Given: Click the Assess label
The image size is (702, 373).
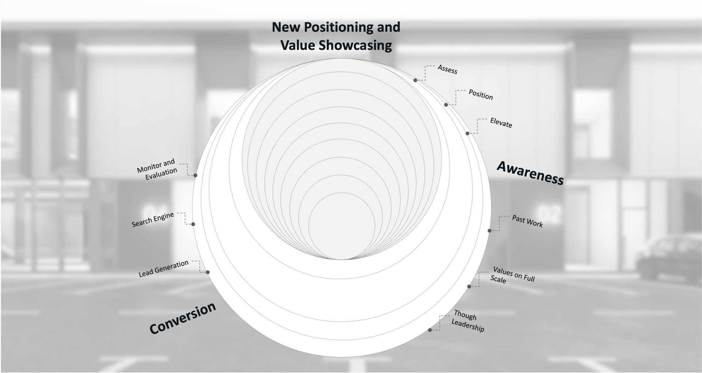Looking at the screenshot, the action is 447,69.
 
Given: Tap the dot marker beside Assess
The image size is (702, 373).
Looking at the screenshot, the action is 415,80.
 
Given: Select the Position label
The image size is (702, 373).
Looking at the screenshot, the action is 480,95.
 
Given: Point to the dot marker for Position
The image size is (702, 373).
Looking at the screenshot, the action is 446,105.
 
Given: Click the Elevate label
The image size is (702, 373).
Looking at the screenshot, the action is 501,123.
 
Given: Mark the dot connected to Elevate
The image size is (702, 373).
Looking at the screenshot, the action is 467,133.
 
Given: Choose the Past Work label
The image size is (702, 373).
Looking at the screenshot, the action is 527,221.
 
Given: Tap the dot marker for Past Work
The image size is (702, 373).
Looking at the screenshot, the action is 490,231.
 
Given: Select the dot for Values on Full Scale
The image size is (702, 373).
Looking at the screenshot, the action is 469,286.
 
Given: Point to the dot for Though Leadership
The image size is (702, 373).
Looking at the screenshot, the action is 430,330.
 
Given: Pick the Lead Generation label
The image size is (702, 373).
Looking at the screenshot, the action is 163,269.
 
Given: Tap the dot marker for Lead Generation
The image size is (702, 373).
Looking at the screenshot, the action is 208,272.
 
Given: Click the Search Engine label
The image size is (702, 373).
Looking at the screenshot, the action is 152,220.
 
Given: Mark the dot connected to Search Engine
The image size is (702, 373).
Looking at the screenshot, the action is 193,224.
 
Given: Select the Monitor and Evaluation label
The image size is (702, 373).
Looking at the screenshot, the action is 157,169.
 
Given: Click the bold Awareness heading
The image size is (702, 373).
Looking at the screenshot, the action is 530,173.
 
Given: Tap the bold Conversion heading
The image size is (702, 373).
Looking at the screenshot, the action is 182,318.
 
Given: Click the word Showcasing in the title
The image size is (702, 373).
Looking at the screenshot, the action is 354,45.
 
